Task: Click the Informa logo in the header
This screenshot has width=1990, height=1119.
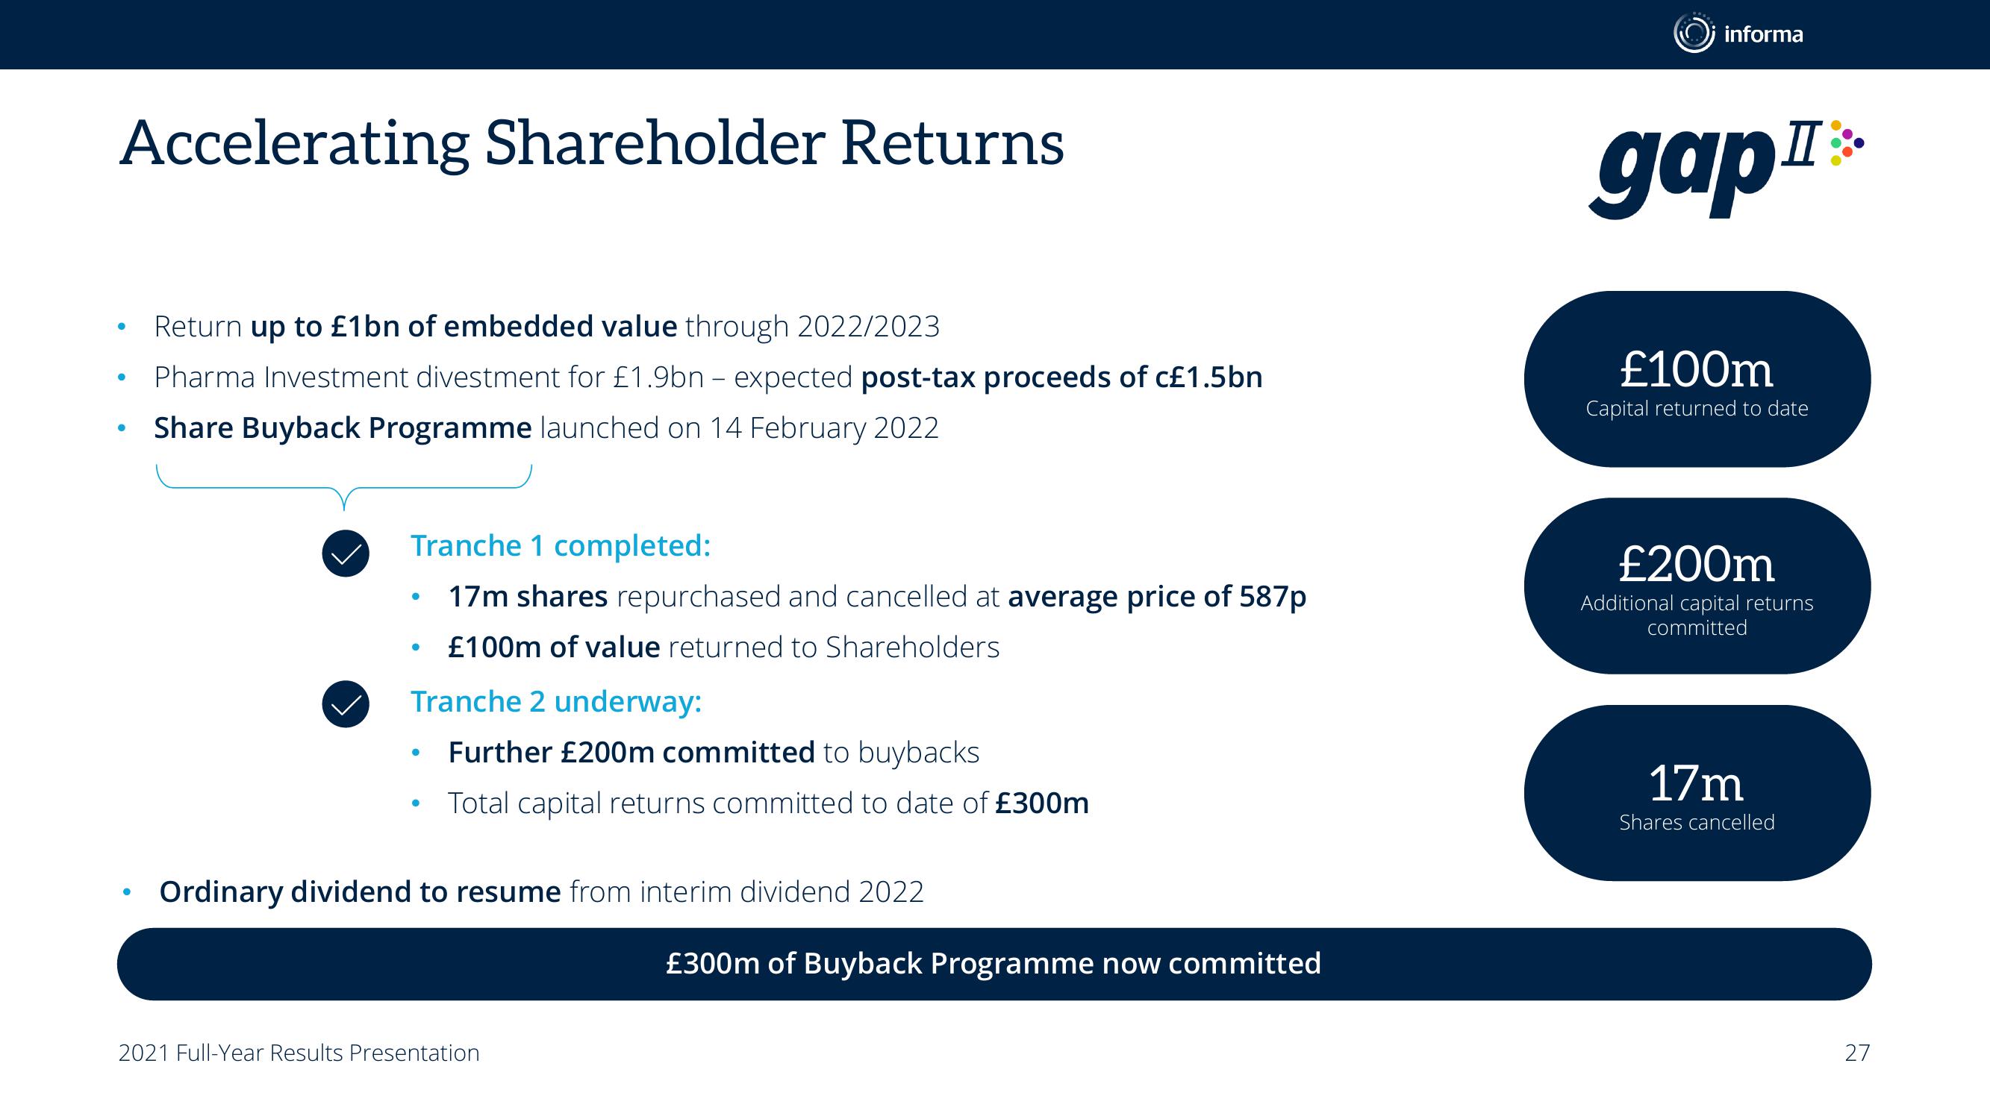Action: click(x=1738, y=34)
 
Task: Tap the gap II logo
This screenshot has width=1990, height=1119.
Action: click(x=1727, y=169)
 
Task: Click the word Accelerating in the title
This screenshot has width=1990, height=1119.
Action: click(x=294, y=145)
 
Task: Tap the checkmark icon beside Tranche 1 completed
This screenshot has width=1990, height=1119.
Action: click(x=346, y=553)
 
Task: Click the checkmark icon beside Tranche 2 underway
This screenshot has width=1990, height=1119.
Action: click(x=346, y=703)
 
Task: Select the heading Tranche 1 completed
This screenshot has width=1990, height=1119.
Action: click(x=560, y=545)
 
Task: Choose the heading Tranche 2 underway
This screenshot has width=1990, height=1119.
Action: click(x=556, y=701)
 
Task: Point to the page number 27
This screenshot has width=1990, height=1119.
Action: click(x=1857, y=1053)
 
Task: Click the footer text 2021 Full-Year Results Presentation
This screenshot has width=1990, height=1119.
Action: click(x=299, y=1053)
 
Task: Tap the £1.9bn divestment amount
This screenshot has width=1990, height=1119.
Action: click(x=659, y=377)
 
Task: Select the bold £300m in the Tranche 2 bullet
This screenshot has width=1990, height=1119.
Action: click(x=1042, y=803)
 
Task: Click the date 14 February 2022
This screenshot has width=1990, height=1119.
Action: click(x=823, y=427)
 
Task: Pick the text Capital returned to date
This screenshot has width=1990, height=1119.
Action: click(x=1697, y=408)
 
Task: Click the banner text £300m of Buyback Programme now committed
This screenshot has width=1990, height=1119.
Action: click(x=994, y=963)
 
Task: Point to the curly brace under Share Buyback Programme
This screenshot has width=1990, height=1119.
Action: click(x=344, y=488)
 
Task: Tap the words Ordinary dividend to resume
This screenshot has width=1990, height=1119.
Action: click(x=360, y=891)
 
